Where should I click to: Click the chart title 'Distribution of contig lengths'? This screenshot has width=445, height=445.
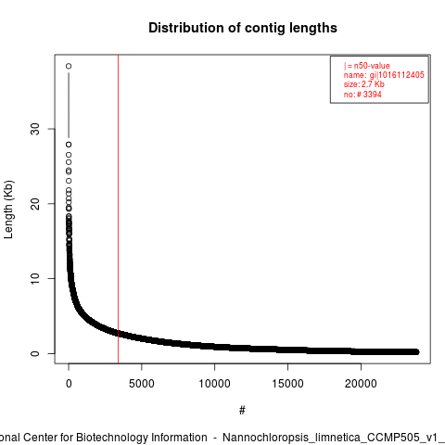click(243, 28)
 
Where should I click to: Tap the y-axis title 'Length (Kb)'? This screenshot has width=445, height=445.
click(8, 210)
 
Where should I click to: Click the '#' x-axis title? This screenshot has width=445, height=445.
click(242, 411)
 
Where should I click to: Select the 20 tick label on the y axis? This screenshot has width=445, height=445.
click(35, 204)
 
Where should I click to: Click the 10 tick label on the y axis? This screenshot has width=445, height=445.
click(35, 278)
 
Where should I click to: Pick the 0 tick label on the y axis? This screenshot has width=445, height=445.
click(35, 353)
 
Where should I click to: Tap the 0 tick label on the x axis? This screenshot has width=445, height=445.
click(69, 384)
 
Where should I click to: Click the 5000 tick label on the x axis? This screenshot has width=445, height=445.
click(142, 384)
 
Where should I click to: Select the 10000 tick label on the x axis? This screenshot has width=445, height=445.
click(214, 384)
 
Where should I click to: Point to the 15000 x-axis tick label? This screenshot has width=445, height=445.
click(287, 384)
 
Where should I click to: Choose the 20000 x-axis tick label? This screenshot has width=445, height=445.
click(361, 384)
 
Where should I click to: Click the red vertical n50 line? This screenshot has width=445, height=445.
click(118, 209)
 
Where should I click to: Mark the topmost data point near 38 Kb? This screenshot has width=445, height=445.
click(69, 66)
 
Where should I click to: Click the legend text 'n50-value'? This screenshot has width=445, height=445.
click(372, 66)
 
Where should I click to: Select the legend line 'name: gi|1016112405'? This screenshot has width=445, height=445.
click(384, 75)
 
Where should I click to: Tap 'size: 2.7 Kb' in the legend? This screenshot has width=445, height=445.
click(364, 84)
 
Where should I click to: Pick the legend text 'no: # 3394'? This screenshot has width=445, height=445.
click(362, 95)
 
